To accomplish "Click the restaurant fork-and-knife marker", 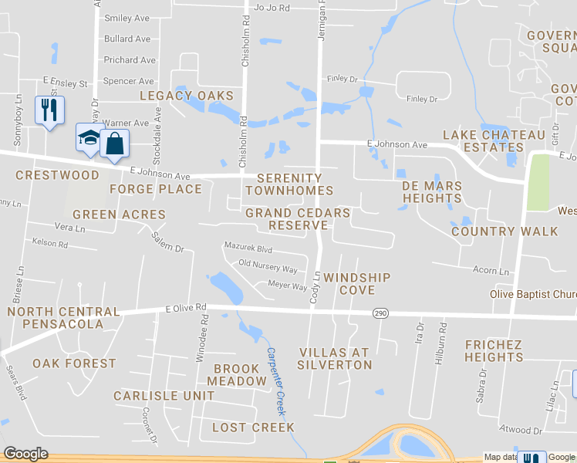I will tap(50, 110).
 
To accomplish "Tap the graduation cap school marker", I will tap(89, 138).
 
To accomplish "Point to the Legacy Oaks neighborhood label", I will tap(186, 96).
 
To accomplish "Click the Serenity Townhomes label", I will tap(289, 184).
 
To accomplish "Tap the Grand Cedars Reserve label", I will tap(298, 218).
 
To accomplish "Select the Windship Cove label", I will tap(357, 283).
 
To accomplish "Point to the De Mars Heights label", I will tap(432, 192).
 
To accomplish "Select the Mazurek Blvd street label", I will tap(248, 249).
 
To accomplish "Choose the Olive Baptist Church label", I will tap(533, 294).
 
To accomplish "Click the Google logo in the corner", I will tap(26, 454).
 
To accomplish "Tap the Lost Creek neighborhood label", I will tap(253, 427).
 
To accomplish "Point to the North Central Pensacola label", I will tap(63, 318).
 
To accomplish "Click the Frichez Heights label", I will tap(494, 350).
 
